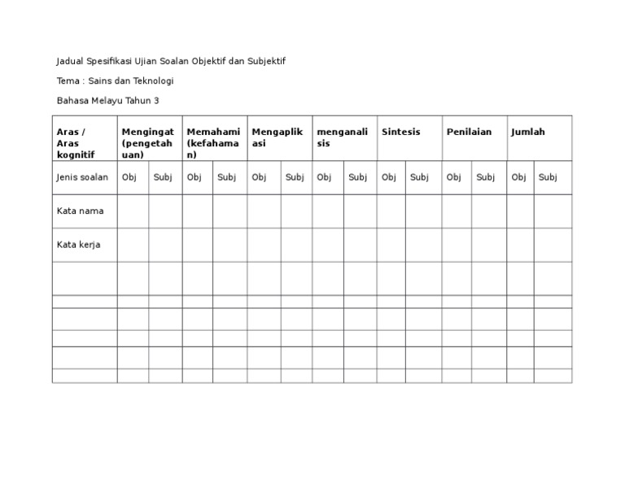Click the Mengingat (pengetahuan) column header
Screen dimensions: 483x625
pyautogui.click(x=147, y=143)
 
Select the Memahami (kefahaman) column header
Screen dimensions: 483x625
pyautogui.click(x=213, y=143)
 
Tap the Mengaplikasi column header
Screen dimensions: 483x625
pyautogui.click(x=278, y=137)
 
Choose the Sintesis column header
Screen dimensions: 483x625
pyautogui.click(x=401, y=132)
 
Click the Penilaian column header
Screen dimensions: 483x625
pyautogui.click(x=470, y=132)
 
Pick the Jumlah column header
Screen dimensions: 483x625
pyautogui.click(x=528, y=132)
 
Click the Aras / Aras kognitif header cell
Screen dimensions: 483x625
pyautogui.click(x=76, y=143)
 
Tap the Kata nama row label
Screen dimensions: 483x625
pyautogui.click(x=80, y=211)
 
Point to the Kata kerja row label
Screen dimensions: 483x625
pyautogui.click(x=79, y=244)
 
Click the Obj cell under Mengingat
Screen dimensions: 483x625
pyautogui.click(x=129, y=177)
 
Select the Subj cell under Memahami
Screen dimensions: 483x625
pyautogui.click(x=227, y=177)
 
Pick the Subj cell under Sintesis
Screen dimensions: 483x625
pyautogui.click(x=419, y=177)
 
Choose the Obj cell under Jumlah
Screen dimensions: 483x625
pyautogui.click(x=518, y=177)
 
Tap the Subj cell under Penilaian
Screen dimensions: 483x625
pyautogui.click(x=486, y=177)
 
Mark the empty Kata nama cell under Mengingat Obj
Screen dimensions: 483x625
pyautogui.click(x=133, y=211)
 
